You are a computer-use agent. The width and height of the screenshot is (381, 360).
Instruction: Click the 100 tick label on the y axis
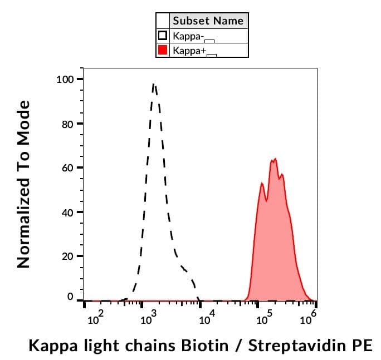click(x=65, y=79)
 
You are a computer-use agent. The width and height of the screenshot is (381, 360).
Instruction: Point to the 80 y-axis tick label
click(x=67, y=124)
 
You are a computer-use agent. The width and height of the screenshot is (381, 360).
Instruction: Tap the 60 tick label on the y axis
click(x=67, y=168)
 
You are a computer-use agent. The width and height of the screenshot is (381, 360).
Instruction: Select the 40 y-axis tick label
click(x=67, y=212)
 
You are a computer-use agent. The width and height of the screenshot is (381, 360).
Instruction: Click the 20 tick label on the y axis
click(x=67, y=257)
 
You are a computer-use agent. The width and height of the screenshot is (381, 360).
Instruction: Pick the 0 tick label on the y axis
click(x=70, y=297)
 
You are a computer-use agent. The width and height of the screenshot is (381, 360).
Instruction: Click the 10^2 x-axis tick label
click(x=95, y=319)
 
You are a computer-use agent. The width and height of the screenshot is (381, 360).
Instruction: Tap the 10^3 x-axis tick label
click(x=149, y=319)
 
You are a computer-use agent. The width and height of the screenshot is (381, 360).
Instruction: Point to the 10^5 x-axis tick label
click(x=265, y=319)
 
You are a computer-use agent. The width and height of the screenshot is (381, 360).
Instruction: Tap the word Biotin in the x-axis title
click(x=204, y=346)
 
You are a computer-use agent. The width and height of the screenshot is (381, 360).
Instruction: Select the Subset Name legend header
click(x=208, y=21)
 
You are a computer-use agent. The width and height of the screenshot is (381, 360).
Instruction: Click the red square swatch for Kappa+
click(x=163, y=50)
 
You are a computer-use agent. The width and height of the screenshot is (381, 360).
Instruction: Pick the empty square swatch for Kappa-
click(x=163, y=36)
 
